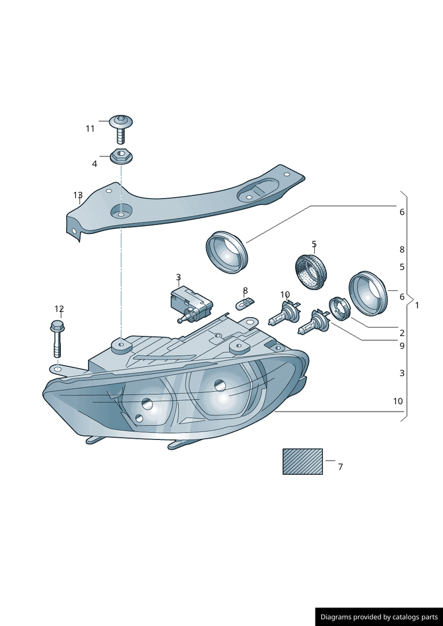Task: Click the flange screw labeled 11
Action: pyautogui.click(x=121, y=129)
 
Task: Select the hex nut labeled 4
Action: pyautogui.click(x=121, y=156)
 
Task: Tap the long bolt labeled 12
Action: pyautogui.click(x=57, y=338)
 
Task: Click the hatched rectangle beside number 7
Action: pyautogui.click(x=303, y=461)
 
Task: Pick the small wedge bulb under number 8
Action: pyautogui.click(x=245, y=304)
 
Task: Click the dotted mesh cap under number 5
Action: pyautogui.click(x=312, y=271)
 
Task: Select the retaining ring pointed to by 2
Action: pyautogui.click(x=340, y=309)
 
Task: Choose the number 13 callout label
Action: pyautogui.click(x=78, y=195)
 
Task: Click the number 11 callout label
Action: pyautogui.click(x=90, y=129)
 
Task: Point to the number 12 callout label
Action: pyautogui.click(x=59, y=308)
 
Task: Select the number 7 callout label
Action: pyautogui.click(x=340, y=466)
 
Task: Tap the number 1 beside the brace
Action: pyautogui.click(x=417, y=305)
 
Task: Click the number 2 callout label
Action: pyautogui.click(x=402, y=333)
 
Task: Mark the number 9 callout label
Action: pyautogui.click(x=402, y=345)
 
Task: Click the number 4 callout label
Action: pyautogui.click(x=95, y=164)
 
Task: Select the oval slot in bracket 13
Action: pyautogui.click(x=258, y=189)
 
